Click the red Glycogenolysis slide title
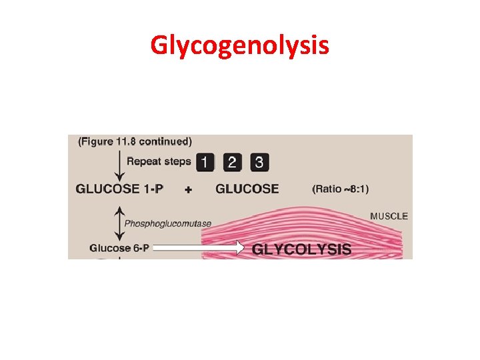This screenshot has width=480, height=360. click(239, 45)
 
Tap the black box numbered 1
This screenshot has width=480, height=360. click(206, 161)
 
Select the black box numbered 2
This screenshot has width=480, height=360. click(232, 161)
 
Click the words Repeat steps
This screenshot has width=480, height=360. click(159, 161)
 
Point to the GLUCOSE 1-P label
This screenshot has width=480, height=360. click(120, 189)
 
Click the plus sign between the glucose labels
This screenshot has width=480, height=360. click(188, 189)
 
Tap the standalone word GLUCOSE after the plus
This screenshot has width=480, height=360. click(247, 189)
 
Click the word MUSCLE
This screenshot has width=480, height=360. click(389, 216)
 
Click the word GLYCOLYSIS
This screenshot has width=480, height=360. click(301, 249)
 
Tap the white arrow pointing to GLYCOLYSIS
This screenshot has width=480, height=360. click(199, 248)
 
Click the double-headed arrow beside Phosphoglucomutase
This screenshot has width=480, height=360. click(119, 223)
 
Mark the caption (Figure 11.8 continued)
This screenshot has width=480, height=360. click(135, 141)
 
